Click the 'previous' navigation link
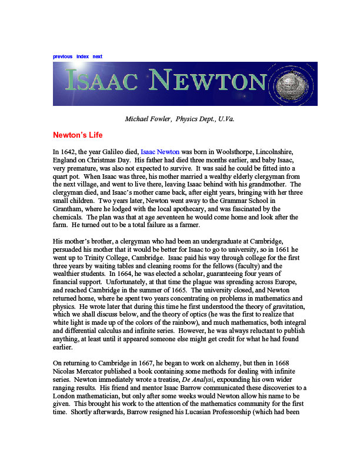(62, 56)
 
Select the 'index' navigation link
(82, 56)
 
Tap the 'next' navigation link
(98, 56)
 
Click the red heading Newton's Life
(78, 135)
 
